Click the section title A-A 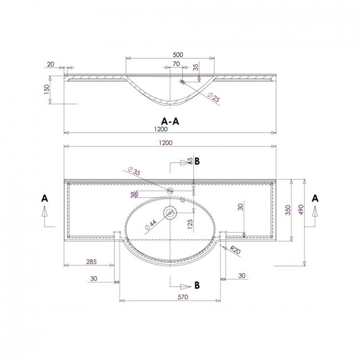(170, 121)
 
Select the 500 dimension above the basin (178, 55)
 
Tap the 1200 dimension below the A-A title (161, 129)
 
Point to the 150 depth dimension (47, 90)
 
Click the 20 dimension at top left (50, 64)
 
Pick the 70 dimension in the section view (176, 64)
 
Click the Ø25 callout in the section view (214, 97)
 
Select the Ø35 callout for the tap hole (134, 171)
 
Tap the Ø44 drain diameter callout (151, 225)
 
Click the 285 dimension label (91, 262)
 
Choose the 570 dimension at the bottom (183, 297)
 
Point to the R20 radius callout (235, 250)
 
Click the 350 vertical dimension (288, 210)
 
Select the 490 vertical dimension (301, 209)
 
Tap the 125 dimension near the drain (190, 224)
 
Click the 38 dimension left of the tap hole (133, 195)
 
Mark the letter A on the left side (44, 198)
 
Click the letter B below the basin (197, 285)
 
